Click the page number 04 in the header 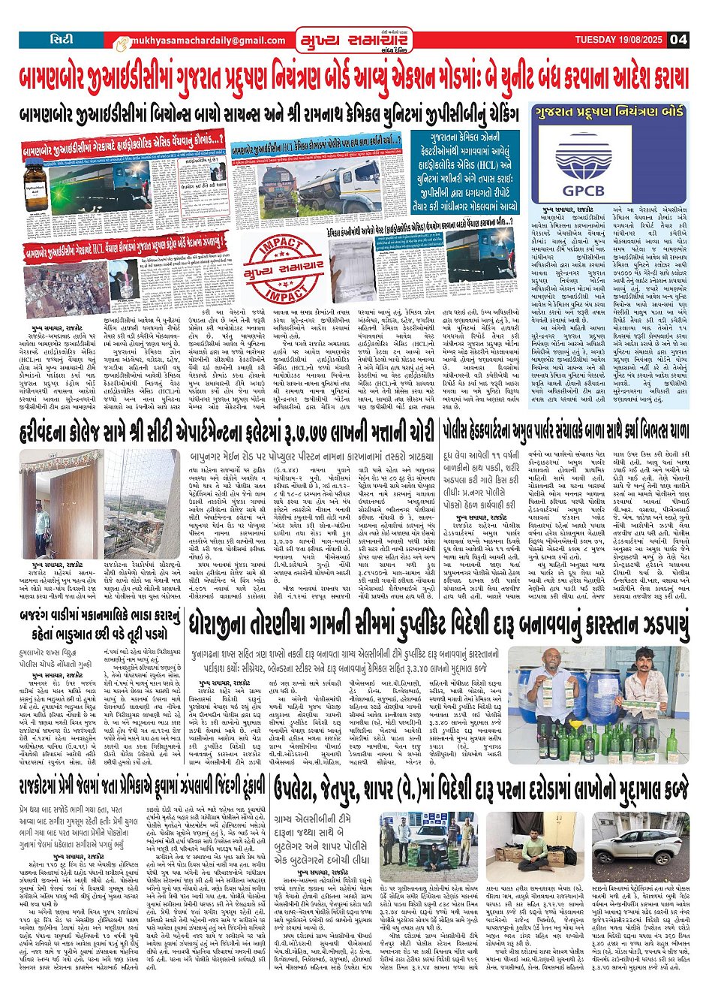(678, 40)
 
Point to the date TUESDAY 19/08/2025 (619, 40)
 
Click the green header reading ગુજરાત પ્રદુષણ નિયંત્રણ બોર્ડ (608, 113)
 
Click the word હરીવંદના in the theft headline (48, 433)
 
